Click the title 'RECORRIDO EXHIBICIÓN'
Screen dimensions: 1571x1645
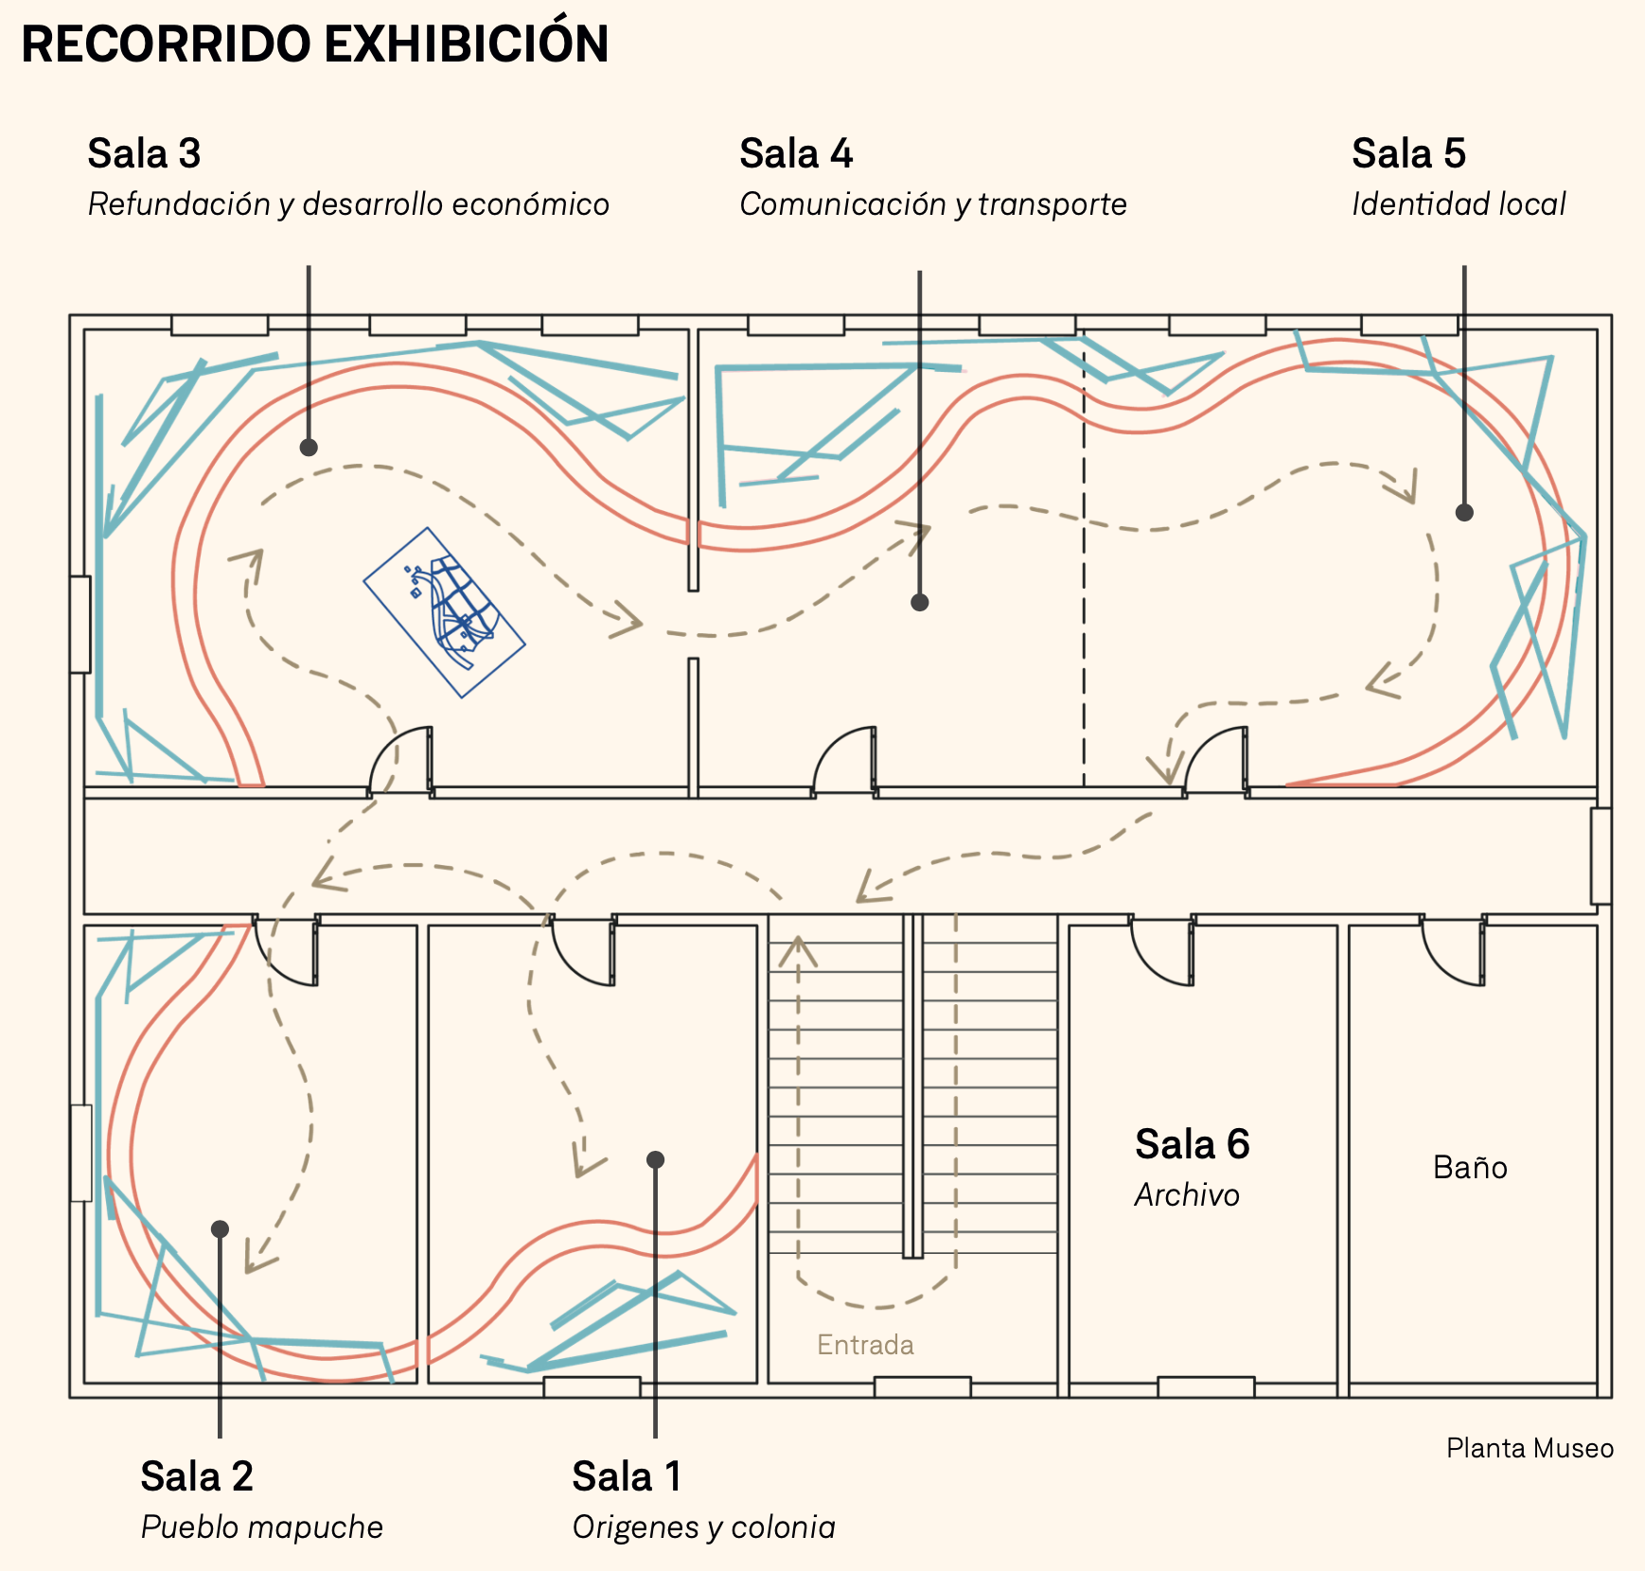click(314, 44)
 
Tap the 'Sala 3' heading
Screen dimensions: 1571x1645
click(144, 153)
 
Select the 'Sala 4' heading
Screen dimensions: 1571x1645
click(796, 153)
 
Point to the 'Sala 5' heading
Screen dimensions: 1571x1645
click(1408, 153)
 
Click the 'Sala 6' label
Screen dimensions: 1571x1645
click(1192, 1144)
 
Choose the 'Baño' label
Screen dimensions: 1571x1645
click(1470, 1167)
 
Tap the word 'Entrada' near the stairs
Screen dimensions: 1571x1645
click(865, 1345)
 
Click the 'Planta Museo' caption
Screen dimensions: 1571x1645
click(1530, 1448)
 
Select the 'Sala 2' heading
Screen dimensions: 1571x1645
click(197, 1476)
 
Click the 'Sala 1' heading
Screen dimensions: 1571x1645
click(627, 1476)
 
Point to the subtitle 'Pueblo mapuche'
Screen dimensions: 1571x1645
click(262, 1527)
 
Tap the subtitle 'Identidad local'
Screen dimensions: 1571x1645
click(1459, 204)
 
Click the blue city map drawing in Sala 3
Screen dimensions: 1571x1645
click(444, 612)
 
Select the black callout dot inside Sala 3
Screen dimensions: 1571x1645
click(309, 448)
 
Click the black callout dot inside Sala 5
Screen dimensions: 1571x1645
click(1464, 513)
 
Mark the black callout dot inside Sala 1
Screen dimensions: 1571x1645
click(655, 1159)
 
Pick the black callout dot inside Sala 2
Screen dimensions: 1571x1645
click(220, 1228)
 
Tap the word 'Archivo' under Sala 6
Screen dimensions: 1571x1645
click(1187, 1195)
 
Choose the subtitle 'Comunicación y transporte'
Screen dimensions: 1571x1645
click(933, 204)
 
